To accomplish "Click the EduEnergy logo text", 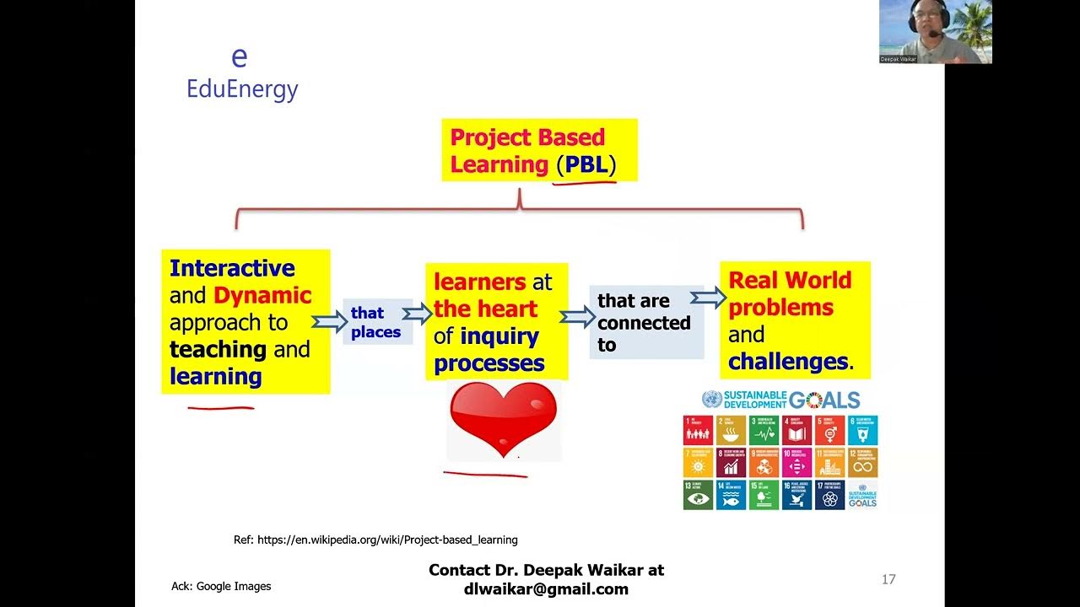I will pyautogui.click(x=242, y=89).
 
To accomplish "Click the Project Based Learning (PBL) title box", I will pyautogui.click(x=538, y=151).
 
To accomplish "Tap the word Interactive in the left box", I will pyautogui.click(x=232, y=268).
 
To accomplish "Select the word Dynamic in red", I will pyautogui.click(x=262, y=295).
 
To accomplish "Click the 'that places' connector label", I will pyautogui.click(x=375, y=322).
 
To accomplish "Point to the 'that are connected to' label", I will pyautogui.click(x=644, y=322).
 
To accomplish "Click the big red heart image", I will pyautogui.click(x=503, y=418).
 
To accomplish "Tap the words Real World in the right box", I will pyautogui.click(x=790, y=280).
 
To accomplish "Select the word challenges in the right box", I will pyautogui.click(x=788, y=362).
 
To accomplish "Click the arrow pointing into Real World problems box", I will pyautogui.click(x=708, y=297).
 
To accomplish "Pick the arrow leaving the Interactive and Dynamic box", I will pyautogui.click(x=327, y=322).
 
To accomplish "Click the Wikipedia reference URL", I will pyautogui.click(x=375, y=540).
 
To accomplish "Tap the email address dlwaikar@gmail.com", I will pyautogui.click(x=546, y=589).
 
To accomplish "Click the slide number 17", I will pyautogui.click(x=888, y=579).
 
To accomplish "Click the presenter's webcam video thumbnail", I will pyautogui.click(x=935, y=32).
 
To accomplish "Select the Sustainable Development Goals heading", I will pyautogui.click(x=780, y=400).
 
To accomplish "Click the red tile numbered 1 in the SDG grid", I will pyautogui.click(x=698, y=430).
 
